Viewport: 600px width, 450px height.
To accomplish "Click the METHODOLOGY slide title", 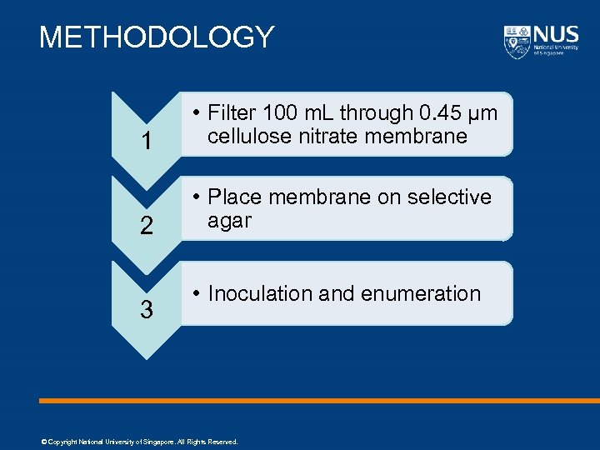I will point(157,37).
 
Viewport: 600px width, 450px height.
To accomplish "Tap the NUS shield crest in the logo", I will point(517,42).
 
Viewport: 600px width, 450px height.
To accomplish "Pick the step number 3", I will point(147,311).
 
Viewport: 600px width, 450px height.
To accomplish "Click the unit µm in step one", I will point(484,113).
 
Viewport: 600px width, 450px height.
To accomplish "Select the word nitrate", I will point(333,137).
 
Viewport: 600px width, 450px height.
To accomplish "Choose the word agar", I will point(229,221).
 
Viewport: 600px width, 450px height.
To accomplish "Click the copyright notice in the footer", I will point(139,442).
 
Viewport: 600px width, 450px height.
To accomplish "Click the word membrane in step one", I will point(417,137).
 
